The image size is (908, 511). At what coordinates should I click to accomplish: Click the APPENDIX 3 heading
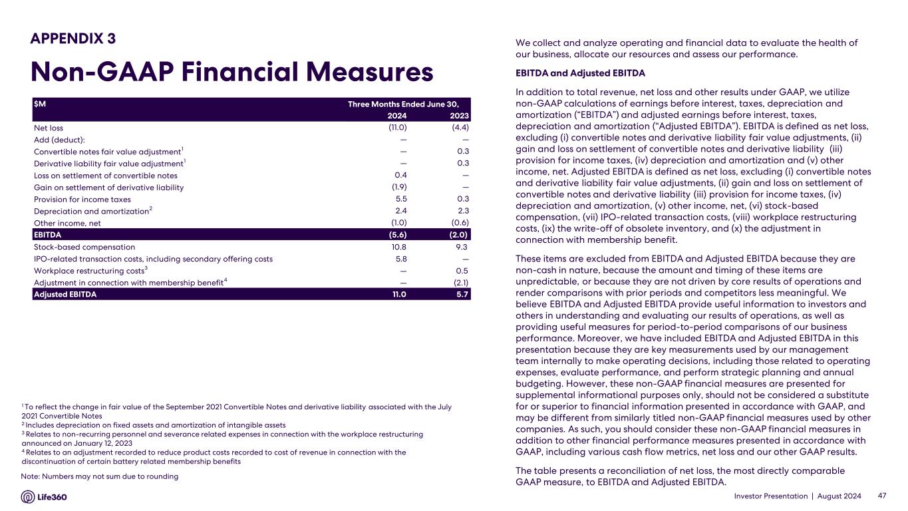tap(73, 39)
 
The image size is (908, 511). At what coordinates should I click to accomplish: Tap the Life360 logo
tap(45, 497)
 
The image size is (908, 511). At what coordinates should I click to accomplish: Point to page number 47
tap(883, 496)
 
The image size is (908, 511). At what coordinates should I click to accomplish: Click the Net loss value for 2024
tap(397, 128)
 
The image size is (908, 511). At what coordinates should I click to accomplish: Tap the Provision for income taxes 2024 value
tap(400, 199)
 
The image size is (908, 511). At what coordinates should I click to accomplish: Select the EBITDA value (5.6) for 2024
tap(397, 234)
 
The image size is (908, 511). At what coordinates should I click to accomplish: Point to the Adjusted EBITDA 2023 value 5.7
tap(462, 294)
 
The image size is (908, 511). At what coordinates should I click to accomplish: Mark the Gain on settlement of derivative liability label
tap(108, 188)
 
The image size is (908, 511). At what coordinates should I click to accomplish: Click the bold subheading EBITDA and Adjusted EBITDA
tap(580, 73)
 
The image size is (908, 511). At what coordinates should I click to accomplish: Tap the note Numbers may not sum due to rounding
tap(100, 476)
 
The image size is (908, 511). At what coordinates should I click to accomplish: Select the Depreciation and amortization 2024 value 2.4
tap(400, 211)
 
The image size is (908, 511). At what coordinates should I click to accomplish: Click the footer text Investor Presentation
tap(774, 496)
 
